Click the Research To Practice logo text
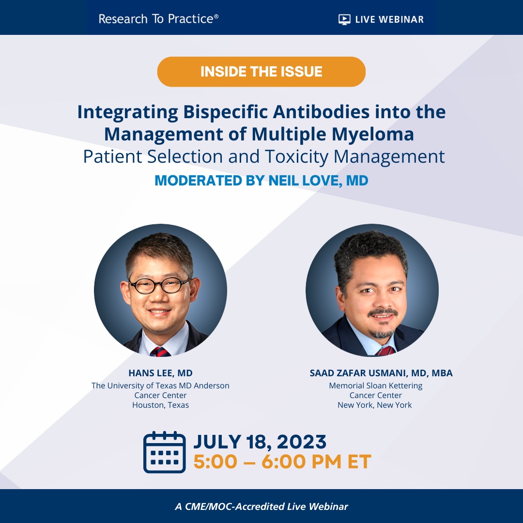[x=158, y=19]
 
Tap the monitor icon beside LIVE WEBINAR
[x=344, y=19]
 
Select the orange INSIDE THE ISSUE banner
[x=261, y=72]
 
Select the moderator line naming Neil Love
[x=261, y=181]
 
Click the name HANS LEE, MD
[x=160, y=373]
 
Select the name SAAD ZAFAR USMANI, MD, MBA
[x=381, y=373]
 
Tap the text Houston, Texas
[x=160, y=405]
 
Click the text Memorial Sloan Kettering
[x=375, y=385]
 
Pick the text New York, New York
[x=374, y=405]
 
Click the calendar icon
[x=165, y=452]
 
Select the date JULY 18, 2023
[x=260, y=442]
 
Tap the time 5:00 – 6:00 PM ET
[x=282, y=462]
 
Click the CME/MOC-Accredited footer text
[x=261, y=507]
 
